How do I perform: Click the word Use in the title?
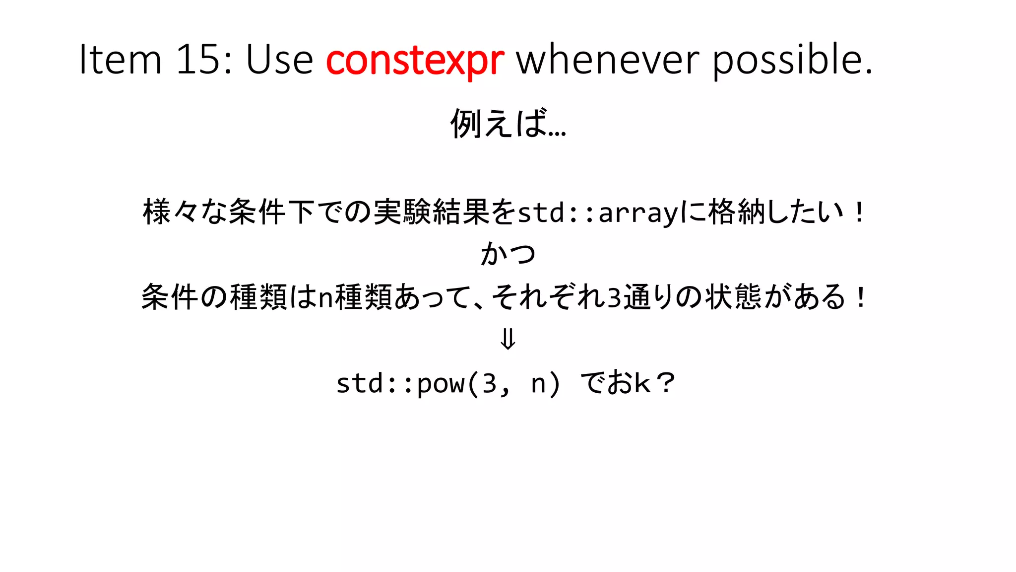pos(279,60)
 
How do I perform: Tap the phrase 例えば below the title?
pos(501,123)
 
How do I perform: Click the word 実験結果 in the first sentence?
pos(432,212)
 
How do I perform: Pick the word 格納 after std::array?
pos(737,212)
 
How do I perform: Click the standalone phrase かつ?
pos(508,254)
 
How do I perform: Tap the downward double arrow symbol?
pos(508,340)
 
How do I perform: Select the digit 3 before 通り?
pos(614,297)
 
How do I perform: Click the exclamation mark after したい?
pos(859,213)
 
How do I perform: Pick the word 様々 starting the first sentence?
pos(171,212)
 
